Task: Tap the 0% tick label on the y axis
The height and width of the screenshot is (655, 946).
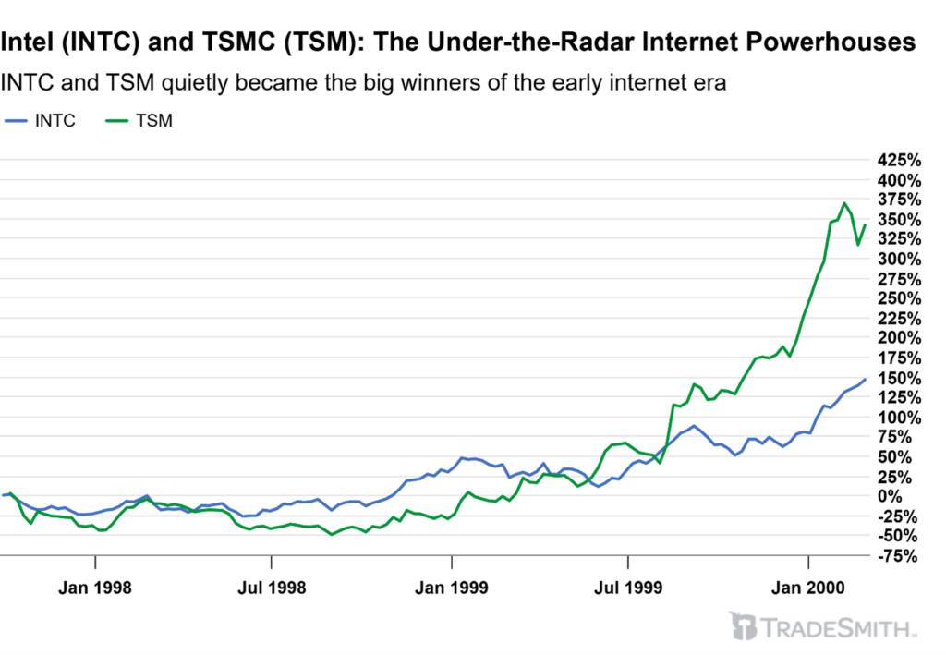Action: (x=905, y=496)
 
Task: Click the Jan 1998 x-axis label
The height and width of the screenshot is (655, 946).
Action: (x=95, y=587)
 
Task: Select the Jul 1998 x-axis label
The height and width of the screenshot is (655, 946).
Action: (x=272, y=587)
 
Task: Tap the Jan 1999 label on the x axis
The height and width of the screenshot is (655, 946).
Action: (x=452, y=587)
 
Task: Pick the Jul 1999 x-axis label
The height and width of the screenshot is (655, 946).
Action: (x=628, y=587)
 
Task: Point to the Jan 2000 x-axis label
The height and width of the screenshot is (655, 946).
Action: (x=809, y=587)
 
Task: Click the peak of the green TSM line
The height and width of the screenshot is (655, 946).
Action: (x=843, y=203)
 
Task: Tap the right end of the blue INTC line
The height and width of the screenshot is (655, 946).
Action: (x=865, y=379)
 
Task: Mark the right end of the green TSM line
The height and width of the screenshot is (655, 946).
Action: (x=865, y=224)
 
